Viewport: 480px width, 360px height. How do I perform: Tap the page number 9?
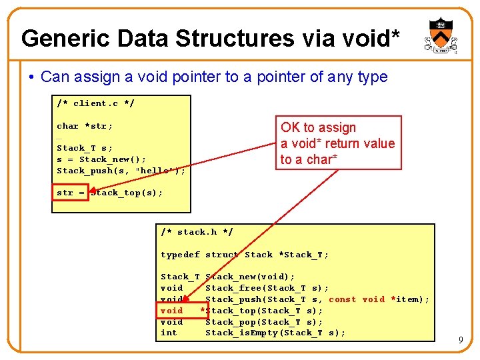click(x=461, y=341)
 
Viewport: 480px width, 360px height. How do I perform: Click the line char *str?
click(x=85, y=126)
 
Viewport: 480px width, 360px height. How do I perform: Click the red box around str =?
click(x=71, y=193)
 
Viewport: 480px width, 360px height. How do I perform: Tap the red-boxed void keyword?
click(x=172, y=311)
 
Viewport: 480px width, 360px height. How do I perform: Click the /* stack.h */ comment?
click(x=197, y=232)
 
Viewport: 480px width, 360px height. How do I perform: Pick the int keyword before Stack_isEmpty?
click(x=169, y=333)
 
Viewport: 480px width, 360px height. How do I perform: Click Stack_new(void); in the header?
click(x=250, y=277)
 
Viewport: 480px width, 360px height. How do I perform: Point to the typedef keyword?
click(x=180, y=255)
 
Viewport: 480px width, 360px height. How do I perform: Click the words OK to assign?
click(x=318, y=127)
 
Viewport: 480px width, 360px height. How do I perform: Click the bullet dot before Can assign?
click(x=32, y=77)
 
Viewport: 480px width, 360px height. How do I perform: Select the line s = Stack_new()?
click(x=101, y=159)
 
